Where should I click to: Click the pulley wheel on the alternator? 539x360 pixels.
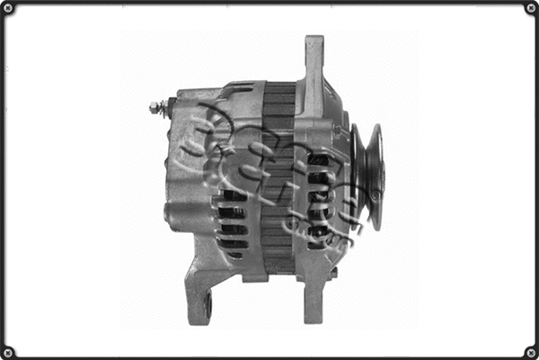tap(367, 175)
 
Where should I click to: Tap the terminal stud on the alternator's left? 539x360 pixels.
tap(156, 107)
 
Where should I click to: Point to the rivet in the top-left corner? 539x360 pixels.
tap(8, 8)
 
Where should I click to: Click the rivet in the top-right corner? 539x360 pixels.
tap(530, 8)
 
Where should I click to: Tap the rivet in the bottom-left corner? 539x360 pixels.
tap(8, 351)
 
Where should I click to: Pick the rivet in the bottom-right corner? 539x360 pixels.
tap(530, 351)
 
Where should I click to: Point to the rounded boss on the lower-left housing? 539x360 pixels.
tap(173, 214)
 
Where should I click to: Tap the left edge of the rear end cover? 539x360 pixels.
tap(171, 162)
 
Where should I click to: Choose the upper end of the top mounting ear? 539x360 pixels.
tap(314, 41)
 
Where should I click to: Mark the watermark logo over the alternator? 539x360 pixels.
tap(269, 171)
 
